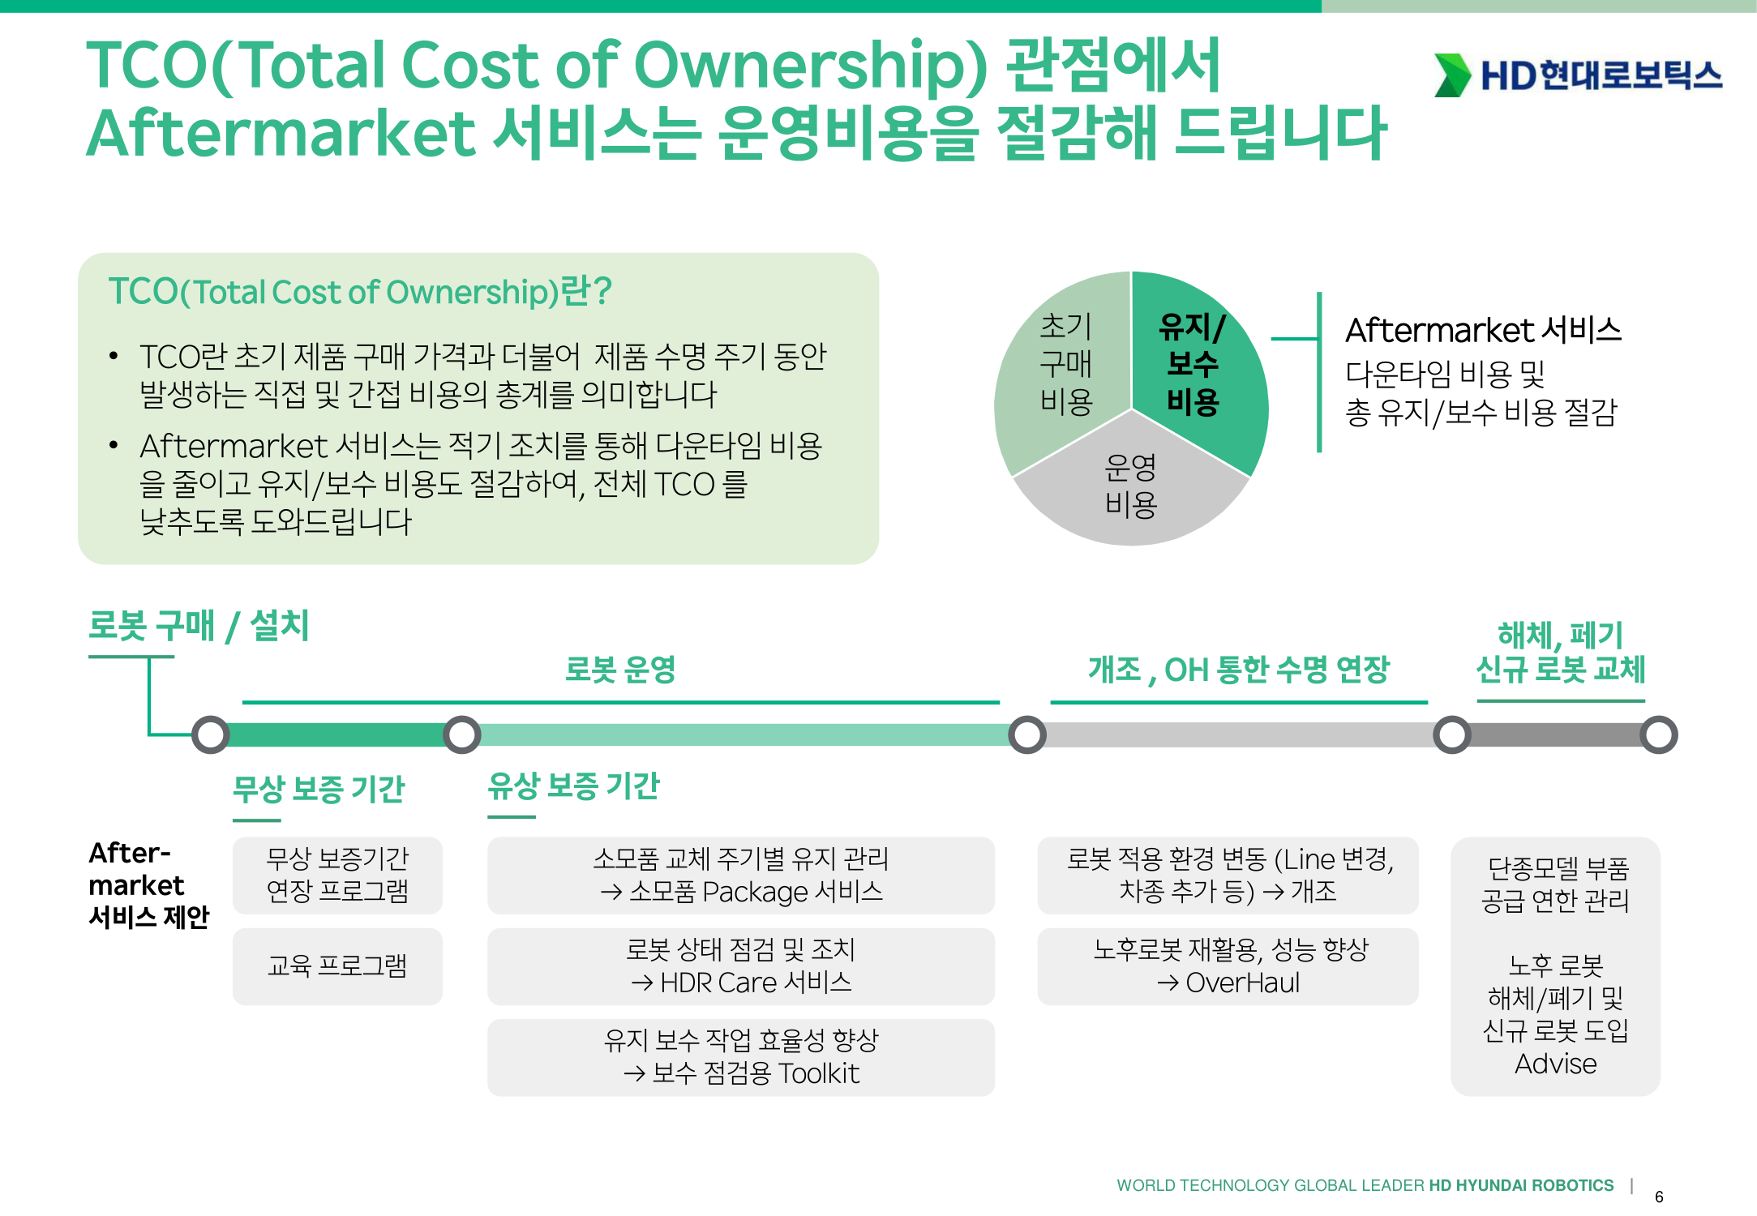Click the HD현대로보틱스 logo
(1578, 75)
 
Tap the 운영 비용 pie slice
(1131, 486)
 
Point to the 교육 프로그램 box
(337, 966)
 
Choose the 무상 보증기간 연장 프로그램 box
(337, 876)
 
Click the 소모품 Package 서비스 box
(741, 876)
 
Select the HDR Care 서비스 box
(741, 966)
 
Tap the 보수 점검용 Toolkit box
(741, 1057)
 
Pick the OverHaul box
(1228, 966)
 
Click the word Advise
(1556, 1064)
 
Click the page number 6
(1659, 1197)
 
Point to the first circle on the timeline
(211, 734)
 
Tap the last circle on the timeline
(1659, 734)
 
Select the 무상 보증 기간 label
(319, 788)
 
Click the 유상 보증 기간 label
(574, 786)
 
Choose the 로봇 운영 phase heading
(620, 670)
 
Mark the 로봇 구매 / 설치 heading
(199, 626)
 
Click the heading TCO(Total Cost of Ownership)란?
(360, 292)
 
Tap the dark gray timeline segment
(1555, 734)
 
